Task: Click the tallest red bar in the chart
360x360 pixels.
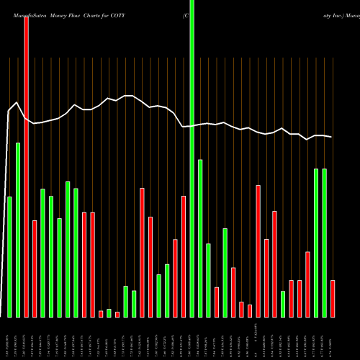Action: tap(26, 166)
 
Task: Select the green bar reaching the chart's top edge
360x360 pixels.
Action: tap(192, 158)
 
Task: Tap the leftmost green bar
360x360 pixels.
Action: tap(9, 256)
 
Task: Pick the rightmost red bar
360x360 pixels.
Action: tap(333, 298)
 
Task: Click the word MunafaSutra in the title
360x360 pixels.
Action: tap(27, 14)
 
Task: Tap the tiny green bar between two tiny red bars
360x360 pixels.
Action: tap(109, 312)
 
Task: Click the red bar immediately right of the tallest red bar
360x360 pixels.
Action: tap(35, 269)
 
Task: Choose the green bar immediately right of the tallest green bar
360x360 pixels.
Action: tap(200, 238)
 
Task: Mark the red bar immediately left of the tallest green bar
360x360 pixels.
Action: tap(184, 256)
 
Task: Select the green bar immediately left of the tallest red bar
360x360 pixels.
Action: tap(18, 230)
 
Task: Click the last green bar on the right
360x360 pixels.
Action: tap(324, 243)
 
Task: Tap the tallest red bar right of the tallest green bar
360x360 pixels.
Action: tap(258, 251)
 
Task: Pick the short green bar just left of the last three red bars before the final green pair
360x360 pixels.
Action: tap(283, 304)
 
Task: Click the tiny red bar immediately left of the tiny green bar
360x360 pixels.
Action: tap(101, 313)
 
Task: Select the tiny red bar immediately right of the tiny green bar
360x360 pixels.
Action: tap(117, 314)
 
